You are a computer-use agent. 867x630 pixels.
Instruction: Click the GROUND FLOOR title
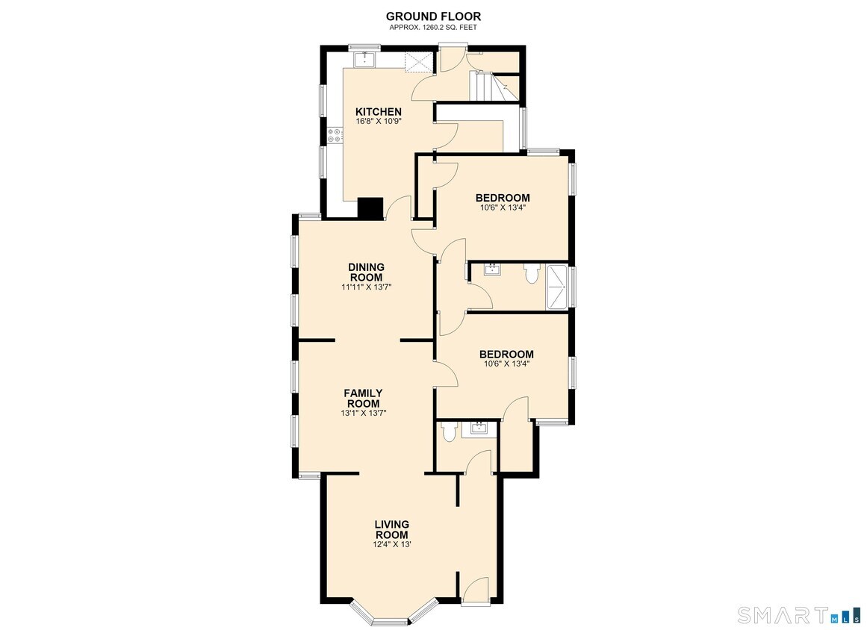tap(433, 16)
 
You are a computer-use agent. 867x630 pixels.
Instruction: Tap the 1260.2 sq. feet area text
tap(433, 27)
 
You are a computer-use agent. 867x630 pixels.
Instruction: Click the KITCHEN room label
tap(378, 112)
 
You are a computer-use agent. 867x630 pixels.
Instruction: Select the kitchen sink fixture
tap(365, 58)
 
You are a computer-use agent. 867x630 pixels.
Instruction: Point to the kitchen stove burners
tap(333, 135)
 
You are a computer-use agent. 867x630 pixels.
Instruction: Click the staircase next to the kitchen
tap(494, 87)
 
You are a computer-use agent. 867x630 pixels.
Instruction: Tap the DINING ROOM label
tap(366, 272)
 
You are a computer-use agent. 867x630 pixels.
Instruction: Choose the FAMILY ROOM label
tap(363, 399)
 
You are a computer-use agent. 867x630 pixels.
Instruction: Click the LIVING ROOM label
tap(391, 529)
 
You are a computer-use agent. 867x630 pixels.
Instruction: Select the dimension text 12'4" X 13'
tap(391, 544)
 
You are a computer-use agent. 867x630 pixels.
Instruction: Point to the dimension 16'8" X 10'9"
tap(378, 121)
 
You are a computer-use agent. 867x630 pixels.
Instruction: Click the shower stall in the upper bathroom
tap(558, 287)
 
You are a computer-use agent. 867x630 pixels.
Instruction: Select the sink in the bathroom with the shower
tap(492, 269)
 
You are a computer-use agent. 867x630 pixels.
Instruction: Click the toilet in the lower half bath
tap(448, 431)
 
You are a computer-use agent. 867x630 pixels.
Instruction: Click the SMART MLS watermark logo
tap(799, 615)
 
